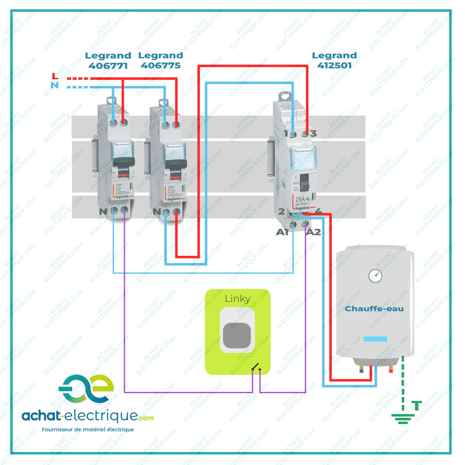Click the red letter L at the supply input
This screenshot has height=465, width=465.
55,76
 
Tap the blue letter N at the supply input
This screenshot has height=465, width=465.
55,85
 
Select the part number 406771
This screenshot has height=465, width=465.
108,66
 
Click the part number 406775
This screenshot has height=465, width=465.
161,65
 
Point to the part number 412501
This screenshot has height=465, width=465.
334,65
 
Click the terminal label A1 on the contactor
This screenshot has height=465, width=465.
282,232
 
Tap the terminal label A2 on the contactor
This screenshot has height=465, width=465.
313,232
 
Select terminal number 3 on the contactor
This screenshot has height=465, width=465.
313,134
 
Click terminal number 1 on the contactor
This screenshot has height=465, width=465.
286,134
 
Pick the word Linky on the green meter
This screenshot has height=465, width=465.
237,299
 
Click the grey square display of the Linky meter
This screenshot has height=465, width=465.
237,335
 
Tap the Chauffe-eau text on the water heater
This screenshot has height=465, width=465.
374,309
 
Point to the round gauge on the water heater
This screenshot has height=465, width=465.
375,276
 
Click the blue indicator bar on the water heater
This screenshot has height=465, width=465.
375,339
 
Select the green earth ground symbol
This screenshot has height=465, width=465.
403,418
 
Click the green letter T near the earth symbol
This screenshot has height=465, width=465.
417,405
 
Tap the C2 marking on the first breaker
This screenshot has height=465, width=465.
118,188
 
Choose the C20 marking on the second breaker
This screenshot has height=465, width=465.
171,191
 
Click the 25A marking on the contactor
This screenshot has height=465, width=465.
300,199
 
